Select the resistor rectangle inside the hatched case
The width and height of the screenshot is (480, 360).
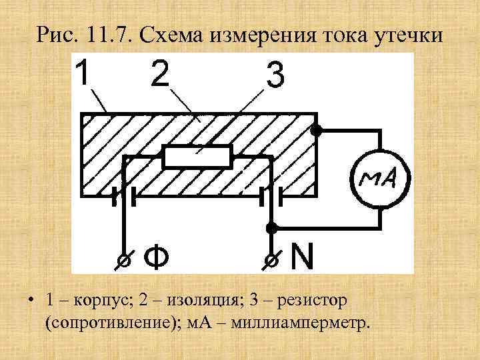pos(197,158)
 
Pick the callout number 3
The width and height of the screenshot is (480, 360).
pos(275,77)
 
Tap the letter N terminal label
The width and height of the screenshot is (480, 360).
pos(301,257)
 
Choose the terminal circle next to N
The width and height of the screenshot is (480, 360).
pos(271,259)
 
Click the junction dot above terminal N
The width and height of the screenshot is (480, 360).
pos(271,228)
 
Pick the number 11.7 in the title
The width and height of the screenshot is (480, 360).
pos(107,33)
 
